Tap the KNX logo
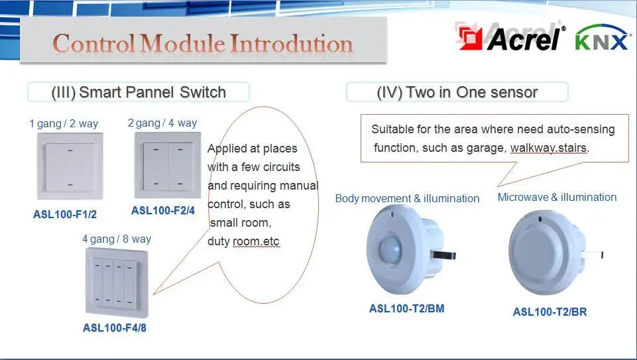[602, 37]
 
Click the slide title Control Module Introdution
[203, 43]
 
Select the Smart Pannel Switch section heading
[139, 92]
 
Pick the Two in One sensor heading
[457, 92]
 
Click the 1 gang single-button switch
[70, 166]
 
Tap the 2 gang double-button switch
[168, 165]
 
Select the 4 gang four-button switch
[117, 282]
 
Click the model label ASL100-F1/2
[65, 214]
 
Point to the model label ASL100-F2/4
[163, 210]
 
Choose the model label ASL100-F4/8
[115, 328]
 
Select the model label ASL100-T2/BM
[406, 308]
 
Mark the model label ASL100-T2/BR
[550, 312]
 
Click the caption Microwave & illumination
[557, 197]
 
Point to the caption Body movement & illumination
[407, 198]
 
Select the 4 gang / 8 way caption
[117, 239]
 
